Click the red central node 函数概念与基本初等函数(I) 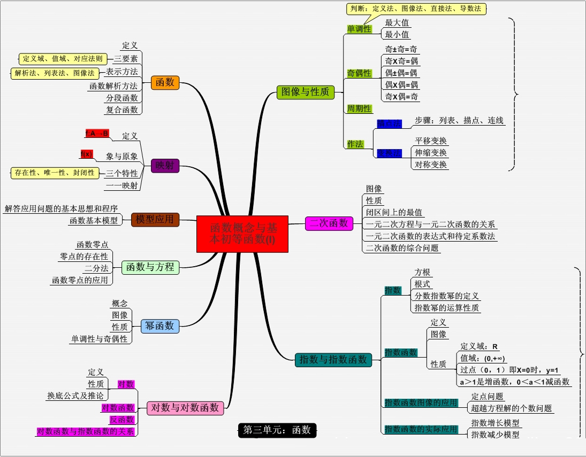(242, 234)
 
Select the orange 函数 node (165, 82)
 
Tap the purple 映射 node (165, 166)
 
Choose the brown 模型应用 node (155, 219)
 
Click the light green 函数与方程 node (150, 267)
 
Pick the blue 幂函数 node (159, 326)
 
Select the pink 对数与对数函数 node (185, 408)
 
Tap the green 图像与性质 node (305, 92)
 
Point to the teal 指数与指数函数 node (333, 360)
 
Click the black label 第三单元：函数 (277, 430)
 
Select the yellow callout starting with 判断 (416, 9)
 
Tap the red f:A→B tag (97, 133)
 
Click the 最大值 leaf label (398, 23)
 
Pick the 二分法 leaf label (97, 268)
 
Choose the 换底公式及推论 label (77, 396)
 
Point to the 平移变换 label (431, 141)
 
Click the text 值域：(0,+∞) (483, 359)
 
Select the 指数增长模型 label (495, 423)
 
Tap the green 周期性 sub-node (359, 109)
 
